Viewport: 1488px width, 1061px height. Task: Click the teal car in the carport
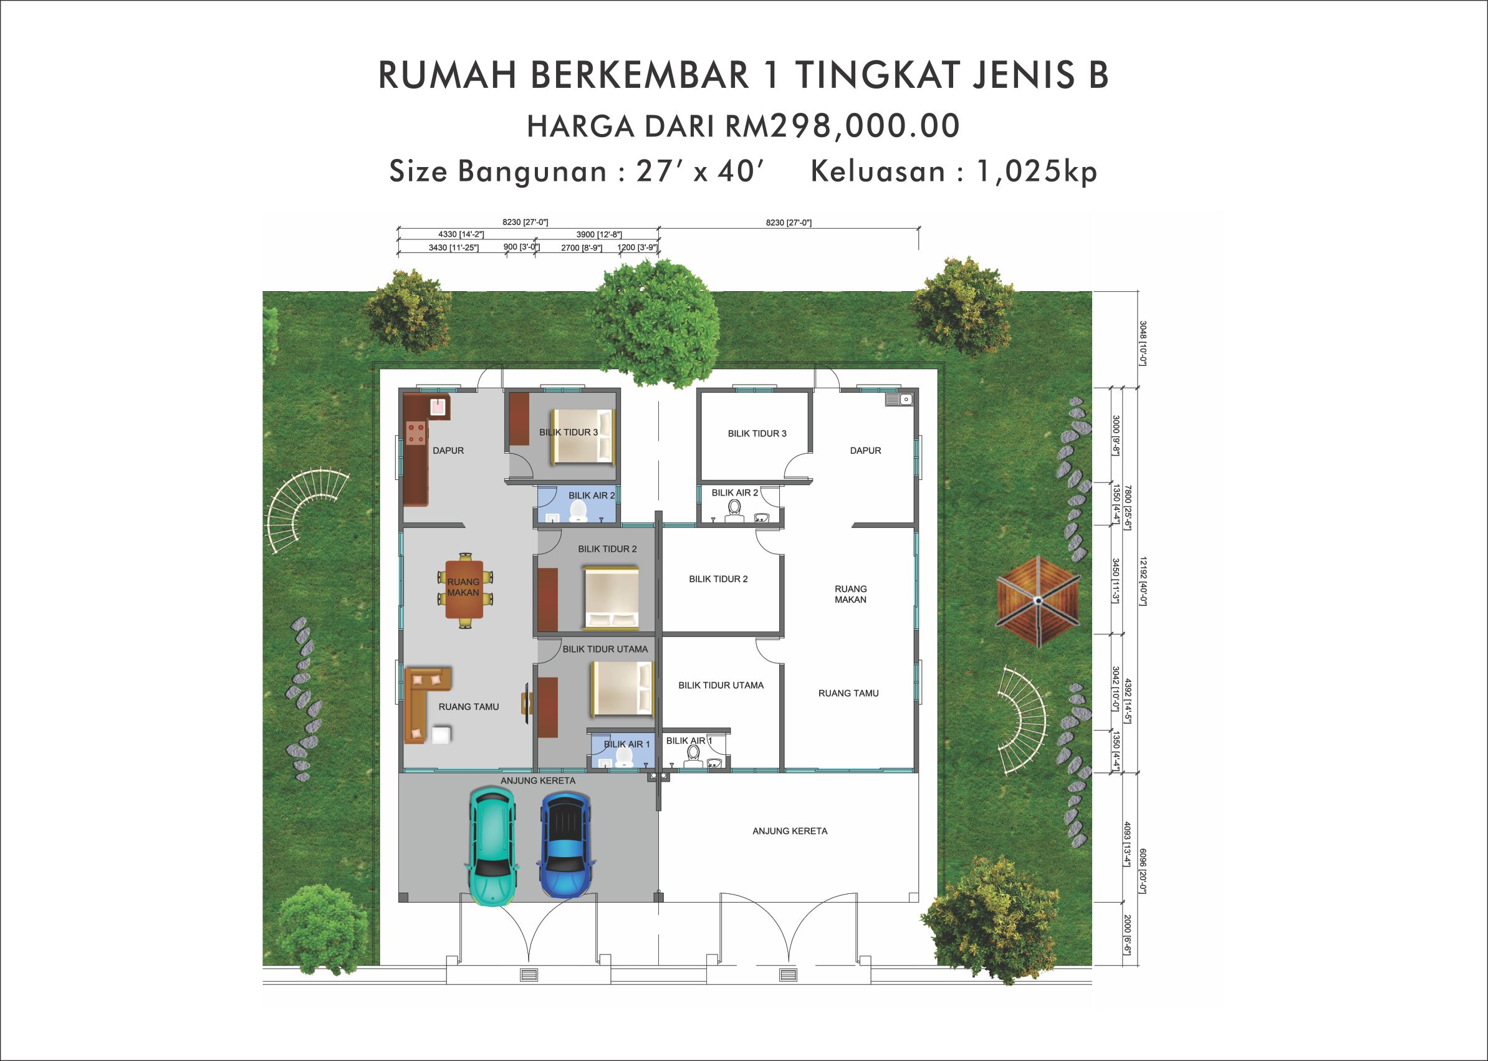492,846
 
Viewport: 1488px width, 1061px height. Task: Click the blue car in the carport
565,845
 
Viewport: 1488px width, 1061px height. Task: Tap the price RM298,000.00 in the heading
843,125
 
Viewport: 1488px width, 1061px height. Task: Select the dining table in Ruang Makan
464,589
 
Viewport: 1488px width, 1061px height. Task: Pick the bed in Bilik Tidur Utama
622,689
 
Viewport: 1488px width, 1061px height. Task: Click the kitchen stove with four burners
416,433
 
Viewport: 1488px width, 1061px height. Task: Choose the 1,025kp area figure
1037,171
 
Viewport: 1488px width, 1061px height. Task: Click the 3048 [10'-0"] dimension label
1143,342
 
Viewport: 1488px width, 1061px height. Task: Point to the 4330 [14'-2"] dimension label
461,234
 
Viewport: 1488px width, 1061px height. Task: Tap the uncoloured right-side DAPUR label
865,451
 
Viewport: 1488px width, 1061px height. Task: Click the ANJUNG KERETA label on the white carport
790,831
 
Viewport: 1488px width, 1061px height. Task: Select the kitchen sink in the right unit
899,399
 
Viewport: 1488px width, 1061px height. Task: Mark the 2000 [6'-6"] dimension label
1127,935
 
